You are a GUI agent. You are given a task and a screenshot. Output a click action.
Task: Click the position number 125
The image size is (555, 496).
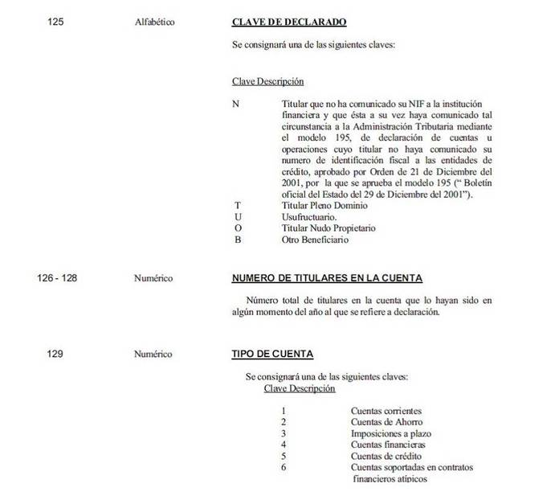click(x=55, y=22)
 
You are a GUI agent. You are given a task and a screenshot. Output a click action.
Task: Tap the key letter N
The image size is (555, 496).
click(x=235, y=105)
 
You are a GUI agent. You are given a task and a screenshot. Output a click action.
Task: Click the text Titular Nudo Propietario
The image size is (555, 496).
click(x=329, y=228)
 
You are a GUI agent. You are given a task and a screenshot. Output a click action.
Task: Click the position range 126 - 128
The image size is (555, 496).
click(x=57, y=278)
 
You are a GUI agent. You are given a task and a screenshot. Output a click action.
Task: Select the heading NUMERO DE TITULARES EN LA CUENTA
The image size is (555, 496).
click(x=326, y=278)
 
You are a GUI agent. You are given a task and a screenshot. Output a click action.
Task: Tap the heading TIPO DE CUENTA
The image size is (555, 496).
click(x=267, y=353)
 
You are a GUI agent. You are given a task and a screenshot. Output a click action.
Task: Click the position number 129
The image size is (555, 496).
click(x=55, y=353)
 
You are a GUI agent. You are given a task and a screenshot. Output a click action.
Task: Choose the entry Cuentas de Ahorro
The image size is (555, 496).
click(x=386, y=421)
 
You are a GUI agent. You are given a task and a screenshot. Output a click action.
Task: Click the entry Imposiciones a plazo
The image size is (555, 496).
click(x=390, y=433)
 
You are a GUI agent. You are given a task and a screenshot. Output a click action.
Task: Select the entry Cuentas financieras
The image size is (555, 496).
click(x=387, y=445)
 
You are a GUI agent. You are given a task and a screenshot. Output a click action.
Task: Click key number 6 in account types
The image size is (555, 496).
click(x=284, y=468)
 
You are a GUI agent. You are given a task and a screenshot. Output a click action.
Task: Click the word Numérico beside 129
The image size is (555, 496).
click(x=153, y=353)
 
